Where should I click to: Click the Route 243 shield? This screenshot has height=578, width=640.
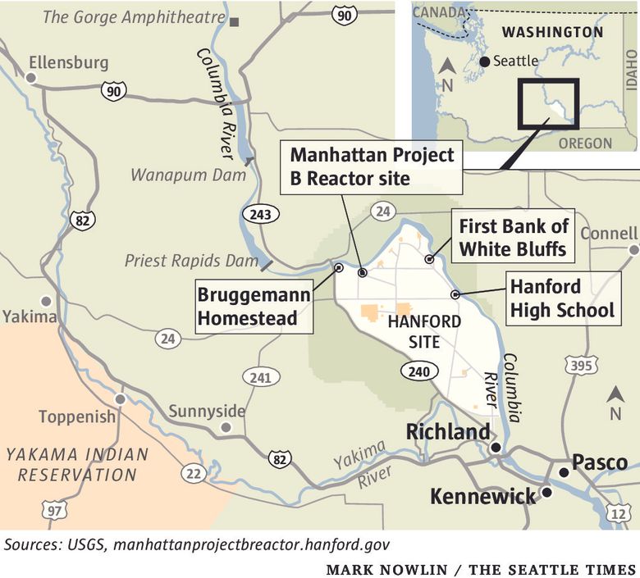tap(260, 214)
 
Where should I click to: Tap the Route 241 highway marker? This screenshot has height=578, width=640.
tap(258, 377)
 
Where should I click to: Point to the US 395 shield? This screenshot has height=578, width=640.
tap(581, 365)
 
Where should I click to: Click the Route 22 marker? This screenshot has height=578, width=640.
tap(194, 473)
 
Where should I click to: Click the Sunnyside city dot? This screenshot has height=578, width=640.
tap(226, 427)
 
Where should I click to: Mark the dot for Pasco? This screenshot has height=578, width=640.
tap(563, 473)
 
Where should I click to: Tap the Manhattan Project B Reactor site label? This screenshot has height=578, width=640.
tap(372, 166)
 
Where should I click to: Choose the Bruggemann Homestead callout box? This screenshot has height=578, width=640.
tap(254, 306)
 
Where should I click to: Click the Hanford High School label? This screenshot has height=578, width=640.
tap(562, 298)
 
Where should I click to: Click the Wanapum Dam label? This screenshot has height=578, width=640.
tap(189, 175)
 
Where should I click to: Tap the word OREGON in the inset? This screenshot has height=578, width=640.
tap(585, 143)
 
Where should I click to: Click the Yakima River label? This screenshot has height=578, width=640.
tap(359, 465)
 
